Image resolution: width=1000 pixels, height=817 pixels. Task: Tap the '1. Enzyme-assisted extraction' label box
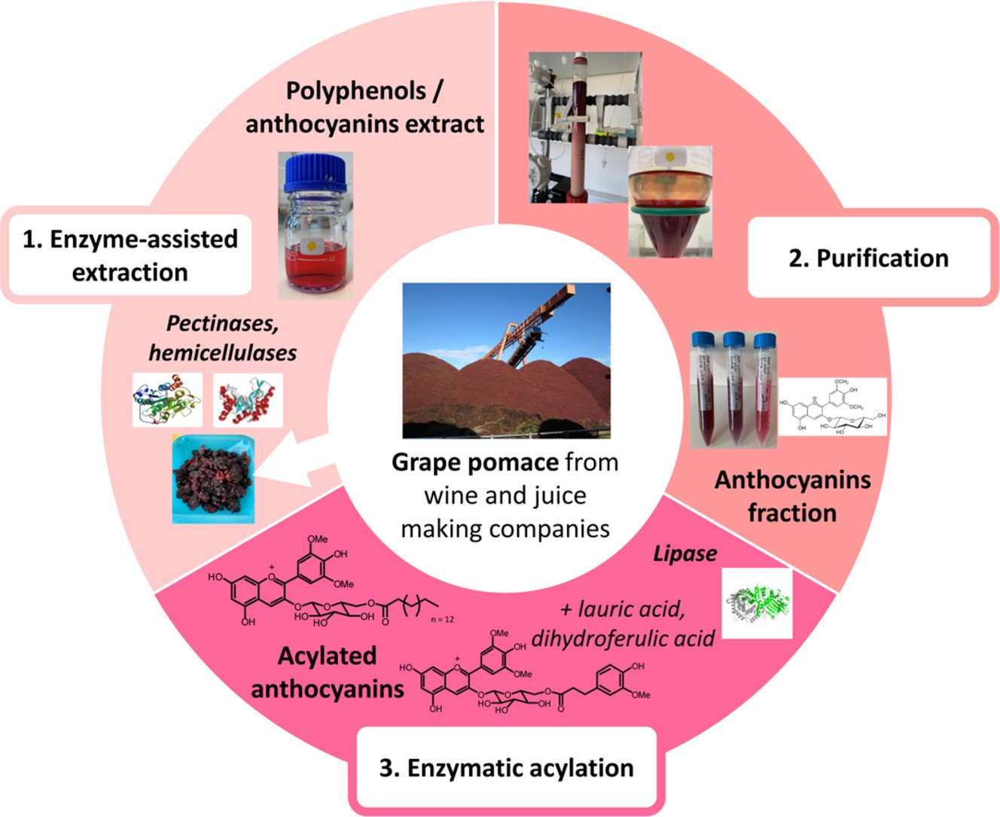click(x=129, y=255)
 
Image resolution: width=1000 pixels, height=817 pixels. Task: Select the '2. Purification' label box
click(x=867, y=258)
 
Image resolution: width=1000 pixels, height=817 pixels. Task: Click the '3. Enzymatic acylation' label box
click(x=505, y=768)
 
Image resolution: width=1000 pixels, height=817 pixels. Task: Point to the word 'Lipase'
click(x=684, y=553)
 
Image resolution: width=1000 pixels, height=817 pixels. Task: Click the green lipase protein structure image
click(x=757, y=603)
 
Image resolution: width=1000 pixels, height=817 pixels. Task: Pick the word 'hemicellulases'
click(x=222, y=352)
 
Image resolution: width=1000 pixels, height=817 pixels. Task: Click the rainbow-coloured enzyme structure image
click(x=167, y=399)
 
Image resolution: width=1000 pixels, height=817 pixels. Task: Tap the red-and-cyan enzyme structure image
click(x=248, y=399)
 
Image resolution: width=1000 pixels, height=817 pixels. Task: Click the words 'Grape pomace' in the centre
click(x=465, y=462)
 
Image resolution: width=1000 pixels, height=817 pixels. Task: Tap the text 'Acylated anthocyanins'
click(x=327, y=672)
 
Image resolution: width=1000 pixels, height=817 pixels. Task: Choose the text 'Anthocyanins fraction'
click(x=792, y=496)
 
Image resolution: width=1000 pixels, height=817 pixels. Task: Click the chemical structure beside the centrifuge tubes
click(x=833, y=407)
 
